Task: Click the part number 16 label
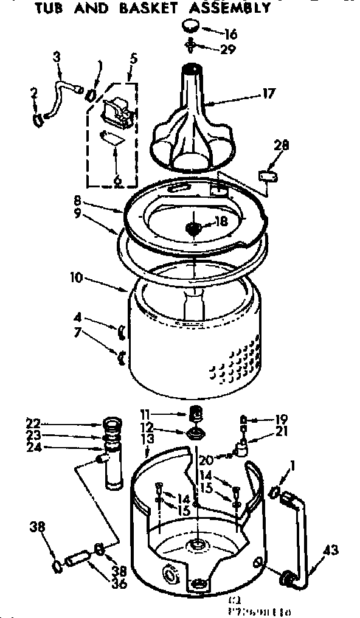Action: [232, 33]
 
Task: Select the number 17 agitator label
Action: [268, 94]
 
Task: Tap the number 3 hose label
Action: [57, 58]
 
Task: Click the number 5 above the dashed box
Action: [133, 59]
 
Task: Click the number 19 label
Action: [280, 419]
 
